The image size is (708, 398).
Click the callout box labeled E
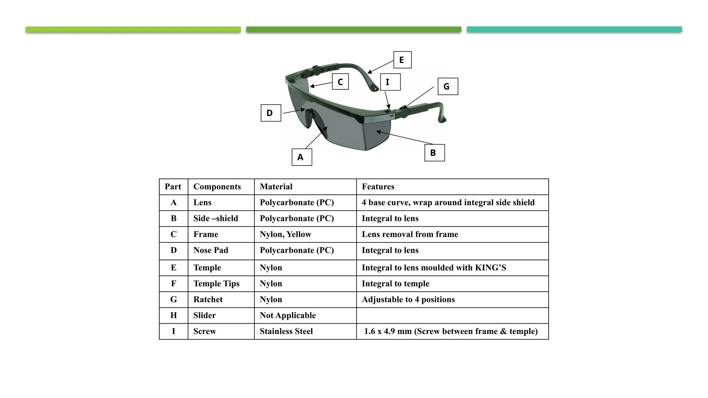pyautogui.click(x=402, y=60)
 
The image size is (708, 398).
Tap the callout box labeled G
pyautogui.click(x=448, y=86)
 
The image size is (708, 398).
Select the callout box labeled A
pyautogui.click(x=302, y=157)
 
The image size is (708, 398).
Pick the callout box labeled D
pyautogui.click(x=271, y=113)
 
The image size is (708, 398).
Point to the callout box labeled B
pyautogui.click(x=435, y=153)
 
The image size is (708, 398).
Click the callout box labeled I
pyautogui.click(x=390, y=82)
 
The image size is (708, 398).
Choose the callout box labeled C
pyautogui.click(x=340, y=82)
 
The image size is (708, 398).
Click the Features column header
pyautogui.click(x=378, y=187)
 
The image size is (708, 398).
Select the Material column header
pyautogui.click(x=276, y=187)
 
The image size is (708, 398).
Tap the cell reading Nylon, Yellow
pyautogui.click(x=285, y=235)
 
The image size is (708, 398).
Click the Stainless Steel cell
pyautogui.click(x=286, y=332)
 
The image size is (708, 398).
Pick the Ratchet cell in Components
pyautogui.click(x=208, y=300)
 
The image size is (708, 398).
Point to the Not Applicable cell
pyautogui.click(x=288, y=315)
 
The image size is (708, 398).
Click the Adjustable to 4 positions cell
pyautogui.click(x=408, y=300)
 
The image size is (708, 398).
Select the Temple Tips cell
pyautogui.click(x=216, y=284)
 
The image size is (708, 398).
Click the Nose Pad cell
pyautogui.click(x=211, y=250)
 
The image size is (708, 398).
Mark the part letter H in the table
pyautogui.click(x=174, y=315)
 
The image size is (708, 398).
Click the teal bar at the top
pyautogui.click(x=574, y=29)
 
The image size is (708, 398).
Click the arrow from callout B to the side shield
pyautogui.click(x=404, y=138)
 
